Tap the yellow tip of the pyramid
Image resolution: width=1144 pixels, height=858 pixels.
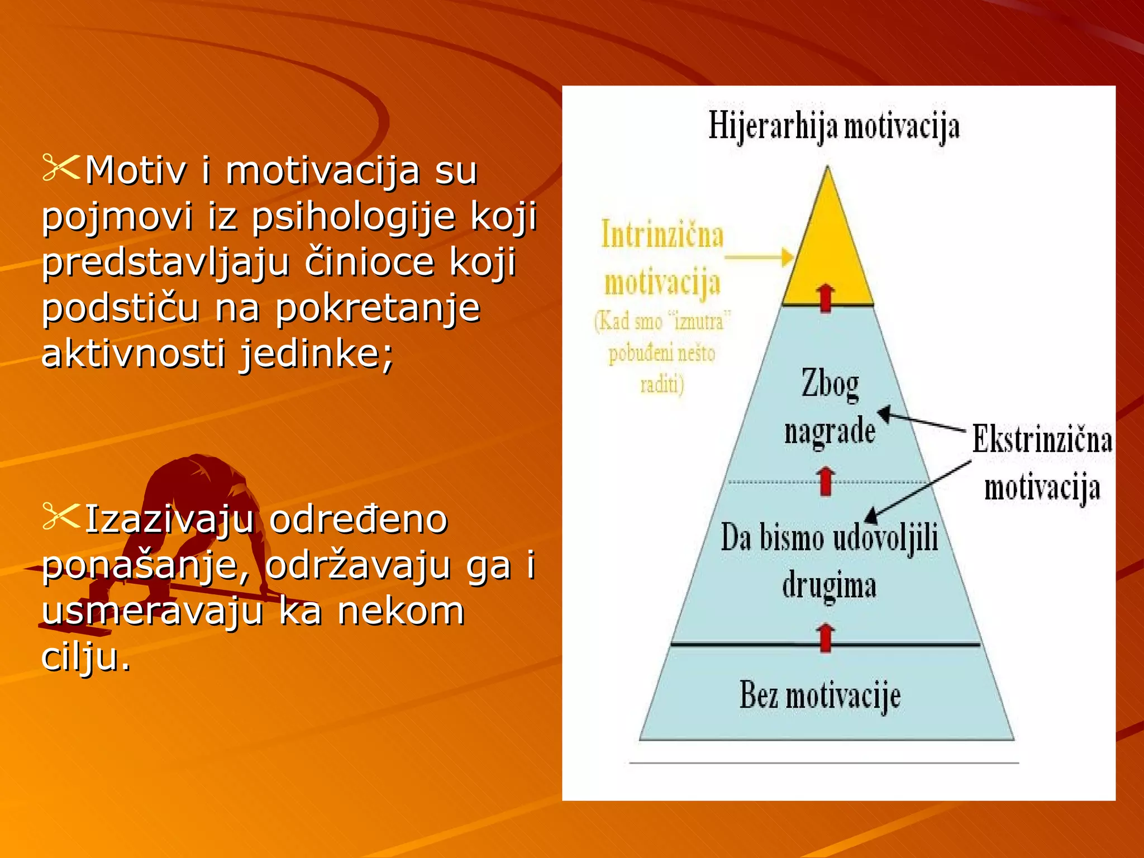[827, 246]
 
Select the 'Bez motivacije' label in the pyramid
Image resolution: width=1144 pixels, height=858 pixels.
[820, 696]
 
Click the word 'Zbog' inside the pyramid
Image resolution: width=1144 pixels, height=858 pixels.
[830, 384]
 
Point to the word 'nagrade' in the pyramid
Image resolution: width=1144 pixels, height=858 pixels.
[830, 431]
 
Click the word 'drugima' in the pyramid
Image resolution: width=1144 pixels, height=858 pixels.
[829, 585]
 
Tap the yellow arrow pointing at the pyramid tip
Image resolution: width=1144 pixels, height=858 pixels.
[760, 258]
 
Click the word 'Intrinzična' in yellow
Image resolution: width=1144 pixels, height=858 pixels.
[662, 235]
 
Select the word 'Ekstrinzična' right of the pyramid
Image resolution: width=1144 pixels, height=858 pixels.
[1042, 440]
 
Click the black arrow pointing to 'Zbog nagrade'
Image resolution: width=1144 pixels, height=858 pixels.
[922, 421]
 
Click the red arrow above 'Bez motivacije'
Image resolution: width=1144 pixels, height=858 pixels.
[826, 637]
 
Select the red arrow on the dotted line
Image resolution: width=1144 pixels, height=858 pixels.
[826, 481]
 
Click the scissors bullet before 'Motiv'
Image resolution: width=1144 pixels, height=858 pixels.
[61, 168]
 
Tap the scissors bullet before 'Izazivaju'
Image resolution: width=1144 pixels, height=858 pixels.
[61, 517]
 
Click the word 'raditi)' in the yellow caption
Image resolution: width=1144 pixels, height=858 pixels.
[662, 384]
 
